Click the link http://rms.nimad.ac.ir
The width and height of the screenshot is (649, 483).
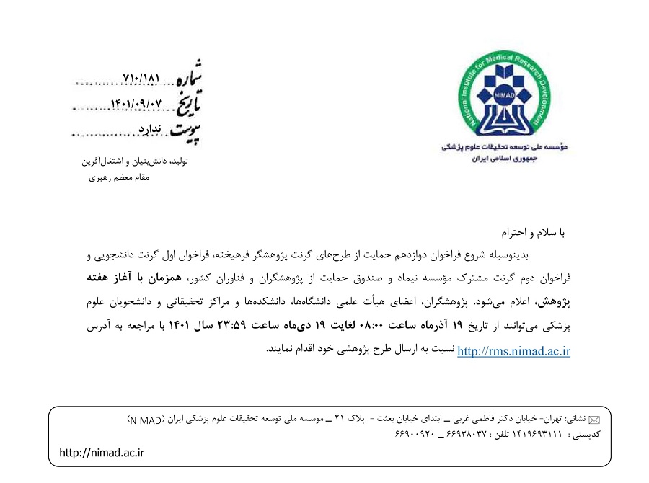click(x=514, y=352)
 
